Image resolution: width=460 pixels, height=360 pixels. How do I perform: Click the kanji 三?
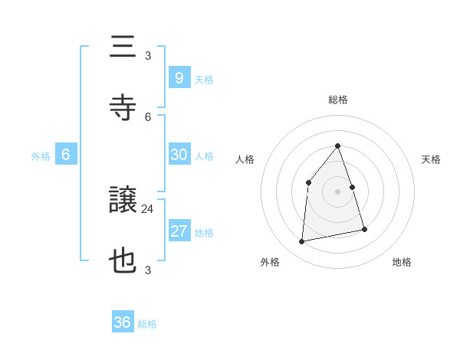click(123, 47)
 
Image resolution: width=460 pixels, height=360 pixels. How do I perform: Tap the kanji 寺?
click(123, 108)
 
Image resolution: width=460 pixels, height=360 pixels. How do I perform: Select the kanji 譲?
click(123, 201)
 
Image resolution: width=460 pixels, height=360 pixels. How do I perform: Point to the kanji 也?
click(123, 261)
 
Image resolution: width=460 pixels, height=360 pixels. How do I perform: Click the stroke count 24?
click(148, 208)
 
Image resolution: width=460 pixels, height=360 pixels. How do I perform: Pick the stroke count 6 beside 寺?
click(148, 116)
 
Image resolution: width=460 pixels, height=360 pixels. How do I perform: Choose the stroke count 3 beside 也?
click(148, 270)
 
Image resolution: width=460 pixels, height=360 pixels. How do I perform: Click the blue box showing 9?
click(179, 77)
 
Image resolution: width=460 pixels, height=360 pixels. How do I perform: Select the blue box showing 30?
click(179, 154)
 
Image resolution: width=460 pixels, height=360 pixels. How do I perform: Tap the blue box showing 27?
click(179, 231)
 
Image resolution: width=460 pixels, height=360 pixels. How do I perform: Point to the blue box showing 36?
click(123, 322)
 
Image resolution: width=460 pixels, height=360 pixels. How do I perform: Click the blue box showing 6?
click(66, 155)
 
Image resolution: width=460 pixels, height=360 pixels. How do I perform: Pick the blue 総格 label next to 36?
click(147, 324)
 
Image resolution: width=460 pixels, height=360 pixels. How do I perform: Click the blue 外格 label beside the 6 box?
click(41, 156)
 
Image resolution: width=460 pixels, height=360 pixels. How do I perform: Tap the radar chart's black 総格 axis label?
click(338, 100)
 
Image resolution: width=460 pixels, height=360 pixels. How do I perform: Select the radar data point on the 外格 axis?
click(302, 242)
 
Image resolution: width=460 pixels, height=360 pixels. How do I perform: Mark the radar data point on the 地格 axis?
click(364, 229)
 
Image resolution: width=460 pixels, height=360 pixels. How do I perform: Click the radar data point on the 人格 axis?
click(308, 182)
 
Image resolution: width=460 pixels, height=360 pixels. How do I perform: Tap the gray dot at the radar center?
click(338, 191)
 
